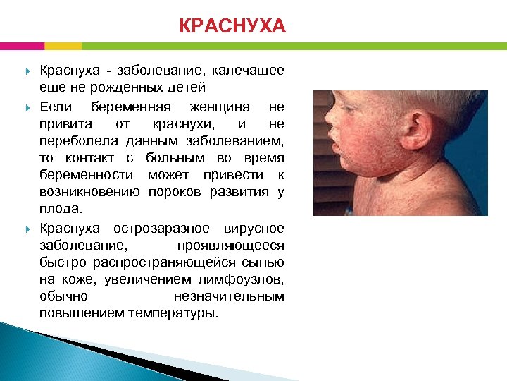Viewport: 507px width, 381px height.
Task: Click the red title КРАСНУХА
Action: pos(232,27)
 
